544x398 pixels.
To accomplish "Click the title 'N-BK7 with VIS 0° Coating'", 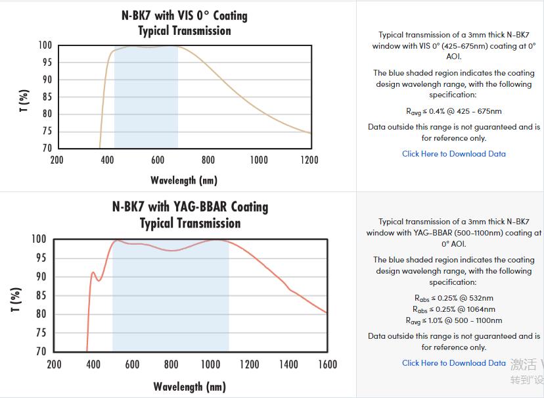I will pos(185,14).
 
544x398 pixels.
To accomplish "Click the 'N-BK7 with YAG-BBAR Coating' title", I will pos(191,207).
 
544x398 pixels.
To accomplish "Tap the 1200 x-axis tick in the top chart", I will pos(309,160).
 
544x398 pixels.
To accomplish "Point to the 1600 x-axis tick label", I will pos(327,364).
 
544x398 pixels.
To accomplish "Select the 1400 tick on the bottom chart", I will pos(288,364).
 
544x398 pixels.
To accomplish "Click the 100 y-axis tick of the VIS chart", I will pos(45,45).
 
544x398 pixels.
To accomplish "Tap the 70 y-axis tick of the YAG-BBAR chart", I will pos(41,352).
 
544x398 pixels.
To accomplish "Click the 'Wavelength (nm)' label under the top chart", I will pos(184,180).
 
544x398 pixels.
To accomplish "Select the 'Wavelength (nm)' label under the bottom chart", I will pos(190,386).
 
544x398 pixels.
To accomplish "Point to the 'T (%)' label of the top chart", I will pos(24,101).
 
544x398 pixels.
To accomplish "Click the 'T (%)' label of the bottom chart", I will pos(18,299).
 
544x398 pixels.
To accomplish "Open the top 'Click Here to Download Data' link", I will pos(454,154).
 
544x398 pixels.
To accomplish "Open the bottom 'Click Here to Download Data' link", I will pos(454,363).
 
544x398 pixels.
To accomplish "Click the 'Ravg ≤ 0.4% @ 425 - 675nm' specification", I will pos(454,111).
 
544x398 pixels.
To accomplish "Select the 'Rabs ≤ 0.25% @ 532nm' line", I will pos(454,298).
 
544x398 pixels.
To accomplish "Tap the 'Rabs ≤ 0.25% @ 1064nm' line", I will pos(454,309).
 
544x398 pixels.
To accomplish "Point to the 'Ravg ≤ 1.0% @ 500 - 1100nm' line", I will pos(454,320).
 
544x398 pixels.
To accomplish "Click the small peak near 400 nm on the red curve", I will pos(93,272).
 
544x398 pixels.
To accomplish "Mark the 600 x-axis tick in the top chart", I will pos(158,160).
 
